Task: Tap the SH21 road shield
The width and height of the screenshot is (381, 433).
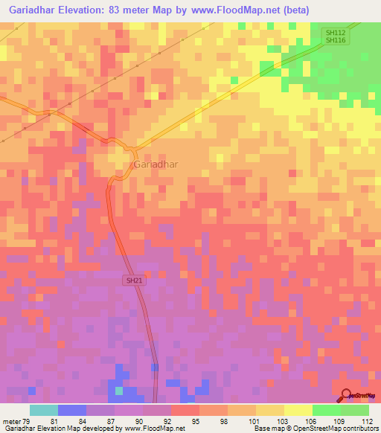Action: click(132, 280)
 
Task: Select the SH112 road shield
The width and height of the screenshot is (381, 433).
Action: click(335, 33)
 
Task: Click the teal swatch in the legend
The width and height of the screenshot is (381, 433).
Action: click(44, 410)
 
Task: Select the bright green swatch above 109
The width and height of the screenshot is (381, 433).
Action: click(327, 410)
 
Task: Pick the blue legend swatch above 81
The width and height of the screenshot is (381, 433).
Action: click(72, 410)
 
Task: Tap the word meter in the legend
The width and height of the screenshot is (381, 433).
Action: click(11, 421)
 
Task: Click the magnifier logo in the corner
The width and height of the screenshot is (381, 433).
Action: click(348, 394)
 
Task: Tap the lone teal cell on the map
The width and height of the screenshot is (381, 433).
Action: click(118, 390)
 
